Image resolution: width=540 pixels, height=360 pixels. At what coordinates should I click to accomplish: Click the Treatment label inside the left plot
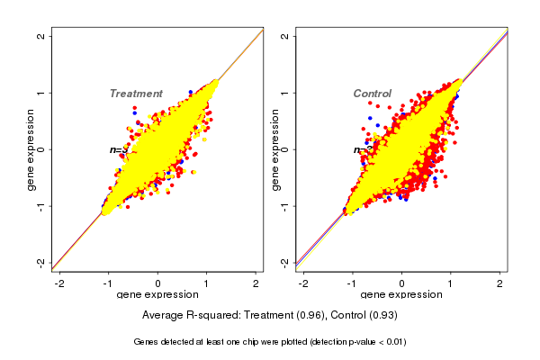click(x=136, y=94)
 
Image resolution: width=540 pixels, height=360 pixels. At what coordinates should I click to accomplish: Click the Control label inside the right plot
click(x=372, y=94)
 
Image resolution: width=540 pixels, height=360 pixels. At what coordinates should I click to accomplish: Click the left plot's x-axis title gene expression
click(x=157, y=295)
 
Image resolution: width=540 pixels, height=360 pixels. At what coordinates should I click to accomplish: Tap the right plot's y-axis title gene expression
click(x=274, y=149)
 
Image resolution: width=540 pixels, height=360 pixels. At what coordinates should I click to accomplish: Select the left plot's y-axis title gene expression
click(x=31, y=149)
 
